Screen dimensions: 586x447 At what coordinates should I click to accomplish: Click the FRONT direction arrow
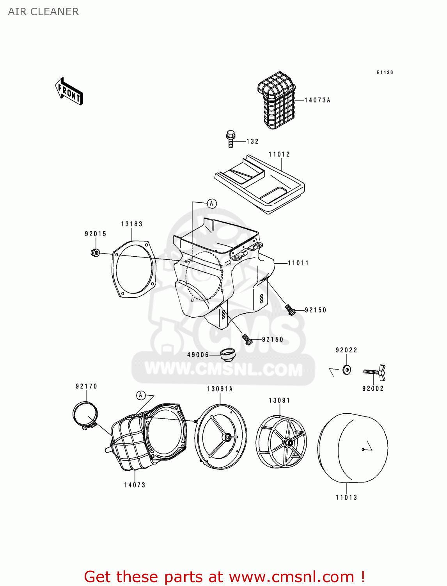click(69, 91)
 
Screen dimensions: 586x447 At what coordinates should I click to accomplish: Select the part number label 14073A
click(317, 100)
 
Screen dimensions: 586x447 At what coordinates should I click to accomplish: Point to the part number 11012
click(279, 154)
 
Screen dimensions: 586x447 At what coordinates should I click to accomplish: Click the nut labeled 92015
click(95, 253)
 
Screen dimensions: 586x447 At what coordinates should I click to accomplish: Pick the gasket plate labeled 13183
click(134, 269)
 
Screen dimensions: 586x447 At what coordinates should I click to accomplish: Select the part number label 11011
click(298, 263)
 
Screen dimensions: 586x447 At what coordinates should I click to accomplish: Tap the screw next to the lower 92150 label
click(247, 339)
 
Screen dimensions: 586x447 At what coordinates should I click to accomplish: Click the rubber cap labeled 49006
click(228, 354)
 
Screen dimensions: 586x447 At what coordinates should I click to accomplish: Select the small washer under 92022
click(346, 369)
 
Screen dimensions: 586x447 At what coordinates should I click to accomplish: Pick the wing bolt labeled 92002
click(375, 372)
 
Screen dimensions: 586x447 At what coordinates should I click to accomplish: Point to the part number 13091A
click(220, 389)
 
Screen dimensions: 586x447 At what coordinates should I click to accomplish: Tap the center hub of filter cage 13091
click(288, 443)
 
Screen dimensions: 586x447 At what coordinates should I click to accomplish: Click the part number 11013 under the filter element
click(346, 497)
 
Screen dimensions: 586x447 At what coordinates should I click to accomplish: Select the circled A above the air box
click(212, 204)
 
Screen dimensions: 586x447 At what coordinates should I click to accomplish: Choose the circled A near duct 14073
click(141, 395)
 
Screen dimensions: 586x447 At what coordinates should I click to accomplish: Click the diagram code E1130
click(385, 73)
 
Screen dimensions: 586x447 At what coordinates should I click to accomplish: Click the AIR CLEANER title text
click(43, 12)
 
